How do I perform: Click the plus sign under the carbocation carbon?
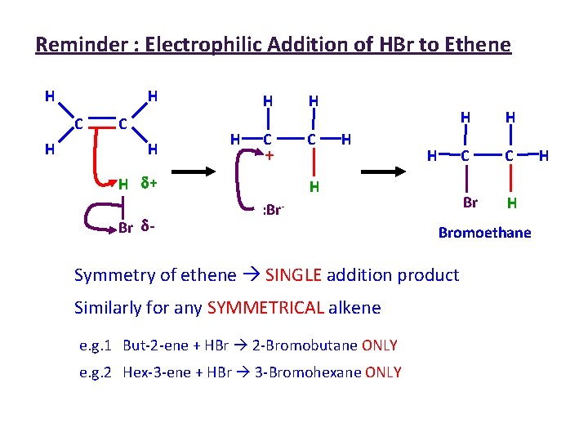268,154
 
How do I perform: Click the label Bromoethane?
484,233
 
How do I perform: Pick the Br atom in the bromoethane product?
470,202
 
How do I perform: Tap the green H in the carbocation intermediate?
313,187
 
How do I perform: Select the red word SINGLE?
293,275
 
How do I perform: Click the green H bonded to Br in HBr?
123,184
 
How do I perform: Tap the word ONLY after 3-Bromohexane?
383,372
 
